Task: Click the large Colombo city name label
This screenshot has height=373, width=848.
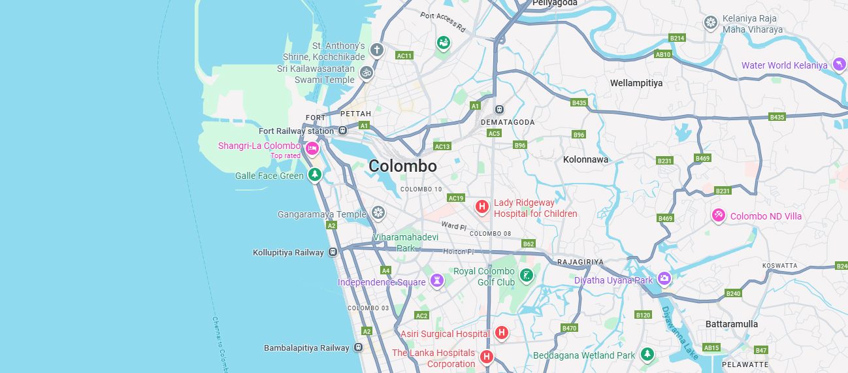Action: (x=402, y=166)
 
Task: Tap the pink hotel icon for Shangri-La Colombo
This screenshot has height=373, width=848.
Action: (x=312, y=149)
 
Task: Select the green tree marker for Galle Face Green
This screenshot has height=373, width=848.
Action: (x=315, y=174)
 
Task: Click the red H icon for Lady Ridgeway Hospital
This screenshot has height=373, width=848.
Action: (x=482, y=207)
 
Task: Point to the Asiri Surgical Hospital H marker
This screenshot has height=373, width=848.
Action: (x=501, y=333)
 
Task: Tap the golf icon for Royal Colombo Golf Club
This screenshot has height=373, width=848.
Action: (x=526, y=276)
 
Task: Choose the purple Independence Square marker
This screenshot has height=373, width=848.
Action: (x=436, y=281)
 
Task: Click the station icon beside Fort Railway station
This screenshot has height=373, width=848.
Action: (x=343, y=131)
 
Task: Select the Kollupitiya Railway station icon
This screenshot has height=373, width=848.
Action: (x=333, y=252)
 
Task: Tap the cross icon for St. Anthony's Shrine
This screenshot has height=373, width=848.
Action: (x=376, y=50)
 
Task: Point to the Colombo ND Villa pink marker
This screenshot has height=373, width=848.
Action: (x=718, y=215)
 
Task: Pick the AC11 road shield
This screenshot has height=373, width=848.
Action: (x=404, y=56)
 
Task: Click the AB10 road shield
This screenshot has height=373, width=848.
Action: (x=663, y=54)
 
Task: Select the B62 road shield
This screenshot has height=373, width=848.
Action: (x=529, y=244)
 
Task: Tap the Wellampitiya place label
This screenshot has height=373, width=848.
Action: (x=636, y=83)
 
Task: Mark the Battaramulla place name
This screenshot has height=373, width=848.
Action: (x=732, y=324)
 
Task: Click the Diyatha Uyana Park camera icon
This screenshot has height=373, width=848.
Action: (x=664, y=279)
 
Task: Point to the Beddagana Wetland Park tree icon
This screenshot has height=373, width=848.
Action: (x=647, y=354)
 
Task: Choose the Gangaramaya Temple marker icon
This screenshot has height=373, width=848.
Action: (x=378, y=212)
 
